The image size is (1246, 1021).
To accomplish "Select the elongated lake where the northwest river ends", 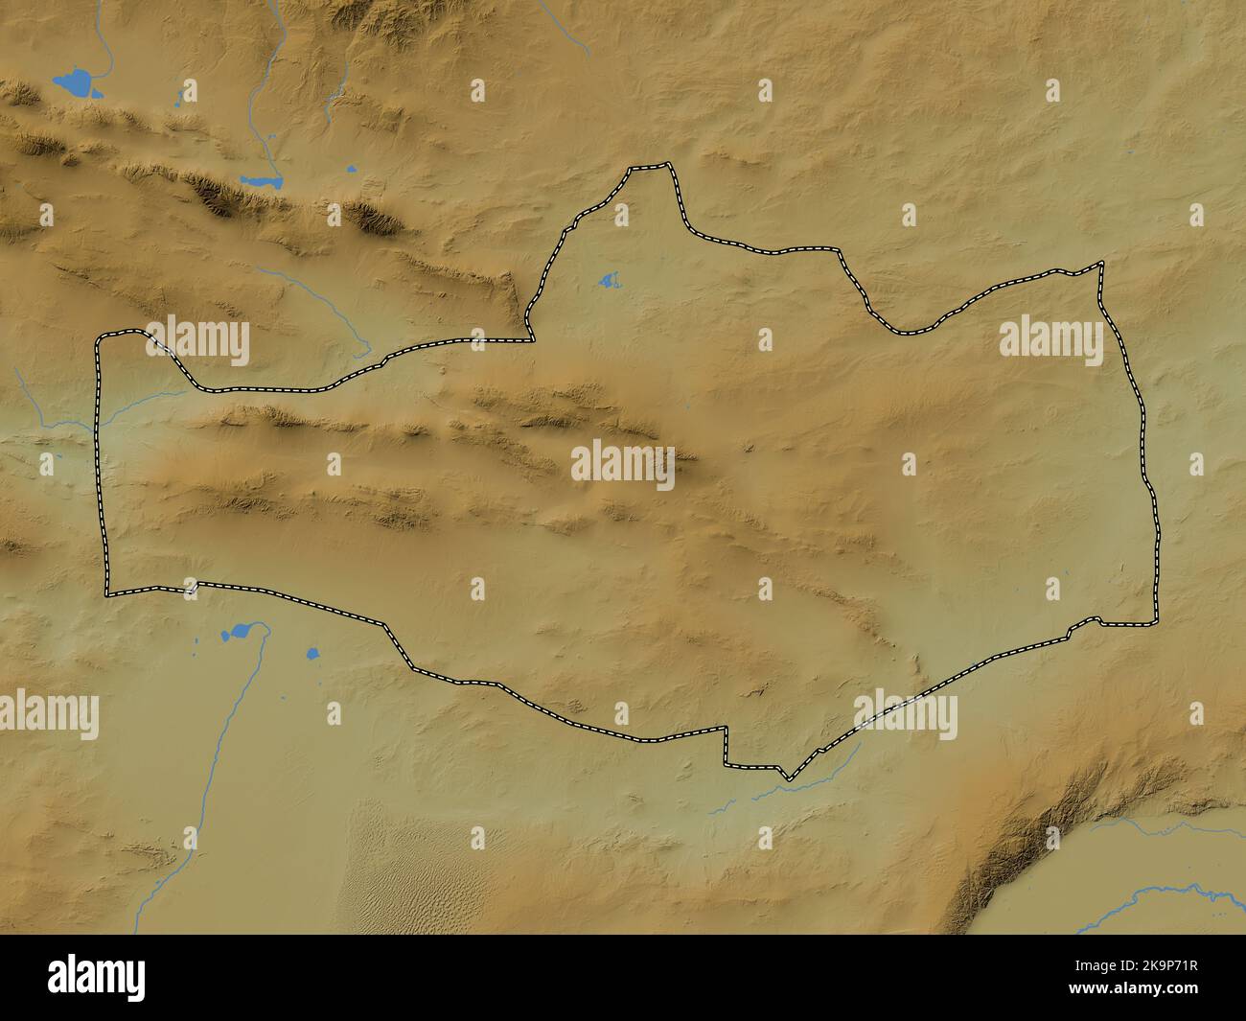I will pyautogui.click(x=261, y=180).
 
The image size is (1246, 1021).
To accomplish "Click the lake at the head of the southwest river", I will pyautogui.click(x=238, y=633).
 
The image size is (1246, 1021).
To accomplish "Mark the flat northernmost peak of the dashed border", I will pyautogui.click(x=650, y=168).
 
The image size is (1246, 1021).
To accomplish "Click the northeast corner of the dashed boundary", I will pyautogui.click(x=1101, y=264).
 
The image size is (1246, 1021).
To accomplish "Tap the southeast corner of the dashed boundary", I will pyautogui.click(x=1154, y=624).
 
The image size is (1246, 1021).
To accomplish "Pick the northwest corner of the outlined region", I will pyautogui.click(x=99, y=337).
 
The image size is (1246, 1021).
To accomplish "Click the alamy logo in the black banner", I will pyautogui.click(x=97, y=977).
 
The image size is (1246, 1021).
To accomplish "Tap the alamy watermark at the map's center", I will pyautogui.click(x=623, y=464).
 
